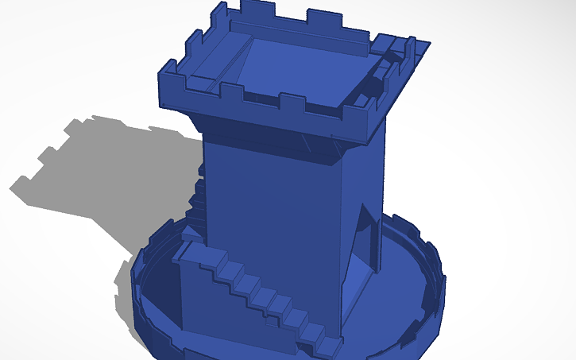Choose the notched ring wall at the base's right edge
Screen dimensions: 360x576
pyautogui.click(x=435, y=278)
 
